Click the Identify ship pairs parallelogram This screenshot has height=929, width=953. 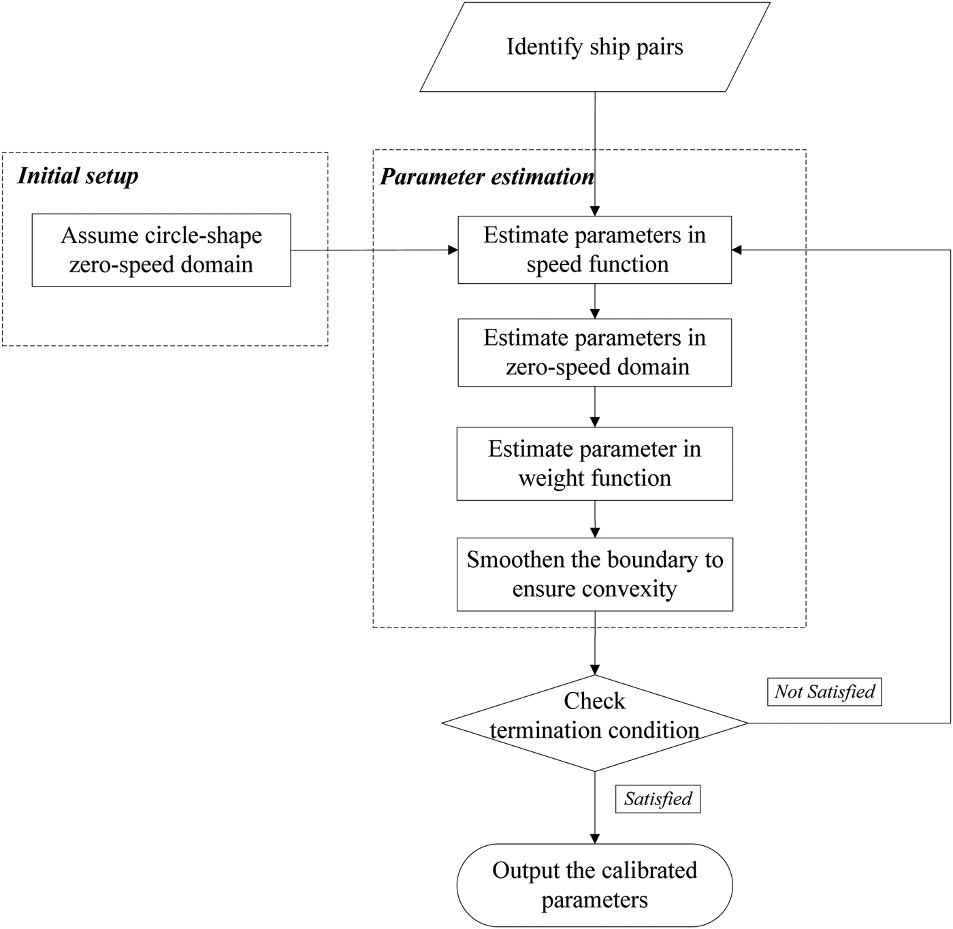tap(594, 47)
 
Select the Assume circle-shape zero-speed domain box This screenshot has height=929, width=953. tap(161, 250)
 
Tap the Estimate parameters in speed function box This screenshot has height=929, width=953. tap(594, 250)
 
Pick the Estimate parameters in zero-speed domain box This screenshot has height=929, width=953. tap(594, 353)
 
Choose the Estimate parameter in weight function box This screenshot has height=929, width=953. tap(594, 463)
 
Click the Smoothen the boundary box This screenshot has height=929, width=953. tap(594, 574)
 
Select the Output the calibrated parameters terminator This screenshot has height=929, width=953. tap(594, 885)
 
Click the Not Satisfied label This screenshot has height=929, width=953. tap(824, 691)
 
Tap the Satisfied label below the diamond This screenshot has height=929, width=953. tap(658, 798)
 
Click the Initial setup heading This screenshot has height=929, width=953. tap(78, 176)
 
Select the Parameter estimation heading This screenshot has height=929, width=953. tap(487, 177)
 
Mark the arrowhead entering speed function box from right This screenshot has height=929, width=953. tap(737, 250)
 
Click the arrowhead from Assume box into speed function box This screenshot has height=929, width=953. tap(453, 250)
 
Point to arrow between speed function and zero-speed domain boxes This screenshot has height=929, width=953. tap(595, 301)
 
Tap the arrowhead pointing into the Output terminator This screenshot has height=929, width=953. tap(595, 838)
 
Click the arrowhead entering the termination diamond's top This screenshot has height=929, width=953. tap(595, 669)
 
